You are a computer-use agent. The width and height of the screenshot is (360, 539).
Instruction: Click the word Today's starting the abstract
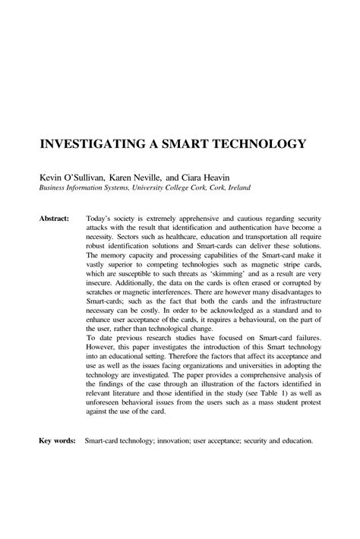[x=99, y=218]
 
